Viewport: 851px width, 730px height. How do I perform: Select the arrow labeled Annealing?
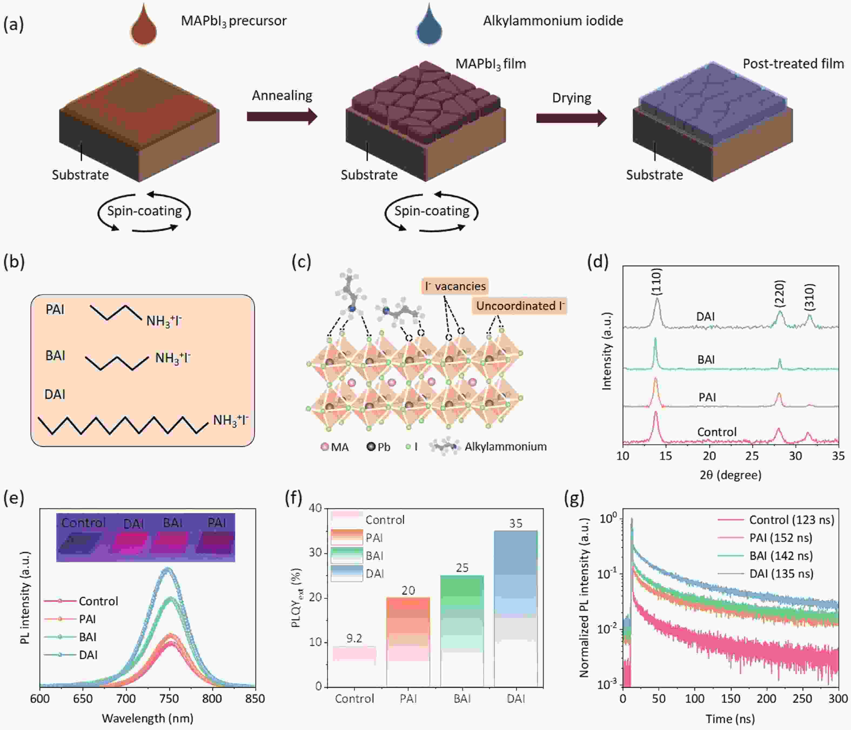point(282,117)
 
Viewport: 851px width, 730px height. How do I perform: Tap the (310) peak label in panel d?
point(809,297)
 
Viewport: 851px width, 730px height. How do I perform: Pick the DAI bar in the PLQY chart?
point(516,608)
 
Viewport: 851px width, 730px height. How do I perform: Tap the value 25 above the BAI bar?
point(462,568)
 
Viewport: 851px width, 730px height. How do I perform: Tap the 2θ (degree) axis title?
point(730,475)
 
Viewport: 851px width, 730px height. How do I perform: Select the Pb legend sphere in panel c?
point(371,446)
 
